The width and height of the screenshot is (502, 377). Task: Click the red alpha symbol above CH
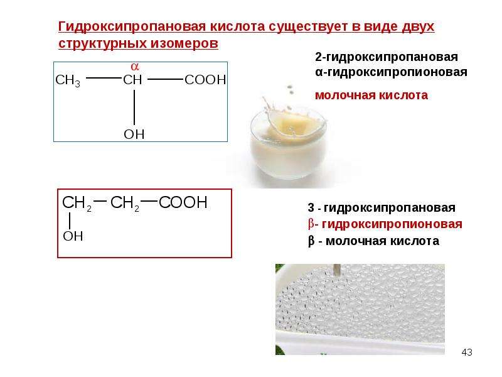tap(135, 67)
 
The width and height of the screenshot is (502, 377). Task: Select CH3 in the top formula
tap(68, 80)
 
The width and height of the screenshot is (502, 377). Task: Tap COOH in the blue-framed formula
tap(205, 80)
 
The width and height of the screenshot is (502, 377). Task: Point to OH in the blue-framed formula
tap(134, 134)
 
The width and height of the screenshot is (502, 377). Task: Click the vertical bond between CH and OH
tap(134, 107)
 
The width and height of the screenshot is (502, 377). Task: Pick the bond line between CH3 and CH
tap(104, 78)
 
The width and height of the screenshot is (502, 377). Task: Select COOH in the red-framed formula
tap(183, 202)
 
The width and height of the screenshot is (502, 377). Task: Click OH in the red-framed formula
tap(73, 236)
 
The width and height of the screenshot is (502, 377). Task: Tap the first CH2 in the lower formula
tap(77, 203)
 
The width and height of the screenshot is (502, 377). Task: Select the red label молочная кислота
tap(371, 96)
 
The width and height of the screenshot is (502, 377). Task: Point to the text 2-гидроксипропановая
tap(387, 57)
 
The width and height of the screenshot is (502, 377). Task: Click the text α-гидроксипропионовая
tap(391, 72)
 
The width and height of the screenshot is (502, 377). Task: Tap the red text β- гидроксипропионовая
tap(385, 224)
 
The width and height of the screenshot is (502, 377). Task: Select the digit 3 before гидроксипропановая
tap(311, 208)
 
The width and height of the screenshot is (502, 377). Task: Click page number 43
tap(467, 352)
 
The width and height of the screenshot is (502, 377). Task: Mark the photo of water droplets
tap(360, 309)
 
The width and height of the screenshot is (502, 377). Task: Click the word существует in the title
tap(309, 26)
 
